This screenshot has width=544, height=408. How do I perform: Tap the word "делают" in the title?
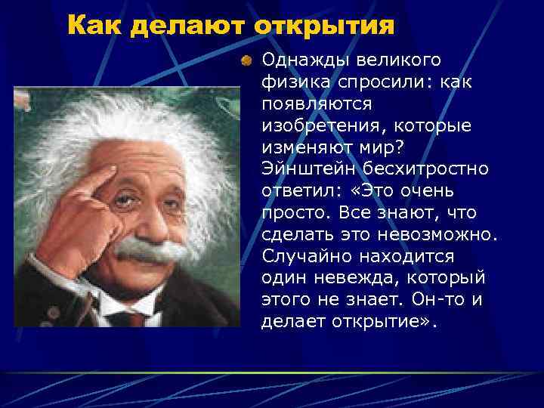(189, 26)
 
